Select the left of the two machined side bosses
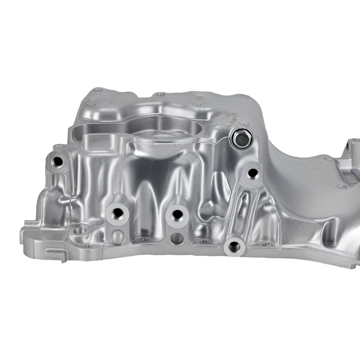pos(117,213)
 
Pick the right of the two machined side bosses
pos(177,215)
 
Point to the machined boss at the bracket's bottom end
pos(234,247)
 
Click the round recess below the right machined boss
pos(177,238)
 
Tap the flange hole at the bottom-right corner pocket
pos(331,245)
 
